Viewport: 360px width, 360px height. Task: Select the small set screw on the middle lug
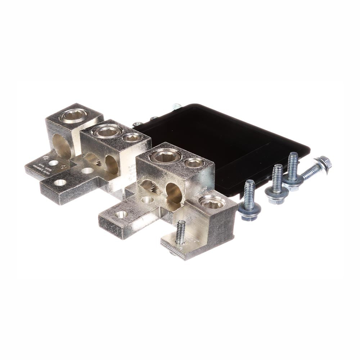point(131,137)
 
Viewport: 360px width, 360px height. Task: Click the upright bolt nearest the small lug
point(249,200)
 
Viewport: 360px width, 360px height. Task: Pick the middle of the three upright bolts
point(277,184)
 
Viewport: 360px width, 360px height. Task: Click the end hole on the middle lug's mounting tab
point(60,183)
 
